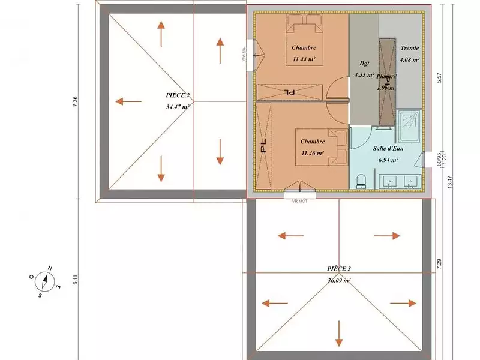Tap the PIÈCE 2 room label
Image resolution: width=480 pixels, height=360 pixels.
[x=178, y=95]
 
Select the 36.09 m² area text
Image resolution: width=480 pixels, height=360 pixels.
[x=339, y=280]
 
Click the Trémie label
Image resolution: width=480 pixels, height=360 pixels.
[x=409, y=48]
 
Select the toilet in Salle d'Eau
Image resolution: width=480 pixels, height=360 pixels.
[x=361, y=181]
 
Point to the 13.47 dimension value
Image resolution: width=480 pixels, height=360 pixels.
[x=450, y=180]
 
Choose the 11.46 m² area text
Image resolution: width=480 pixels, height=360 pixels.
[x=313, y=154]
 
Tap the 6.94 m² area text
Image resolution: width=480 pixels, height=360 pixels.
[x=389, y=161]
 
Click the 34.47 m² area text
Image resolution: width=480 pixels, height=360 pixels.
[x=178, y=107]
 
